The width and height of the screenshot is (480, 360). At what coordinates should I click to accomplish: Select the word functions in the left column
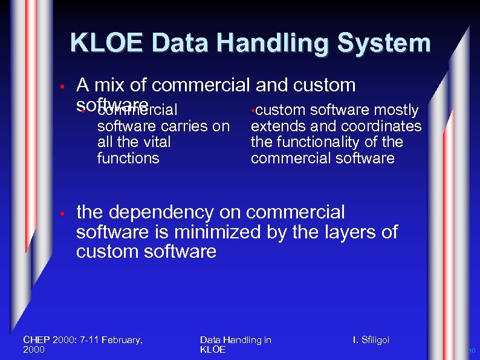click(128, 159)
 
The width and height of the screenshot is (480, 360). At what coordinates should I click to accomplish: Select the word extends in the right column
click(274, 126)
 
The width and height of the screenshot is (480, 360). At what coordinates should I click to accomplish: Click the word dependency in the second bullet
click(158, 212)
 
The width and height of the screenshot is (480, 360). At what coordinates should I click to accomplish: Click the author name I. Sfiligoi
click(371, 340)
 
